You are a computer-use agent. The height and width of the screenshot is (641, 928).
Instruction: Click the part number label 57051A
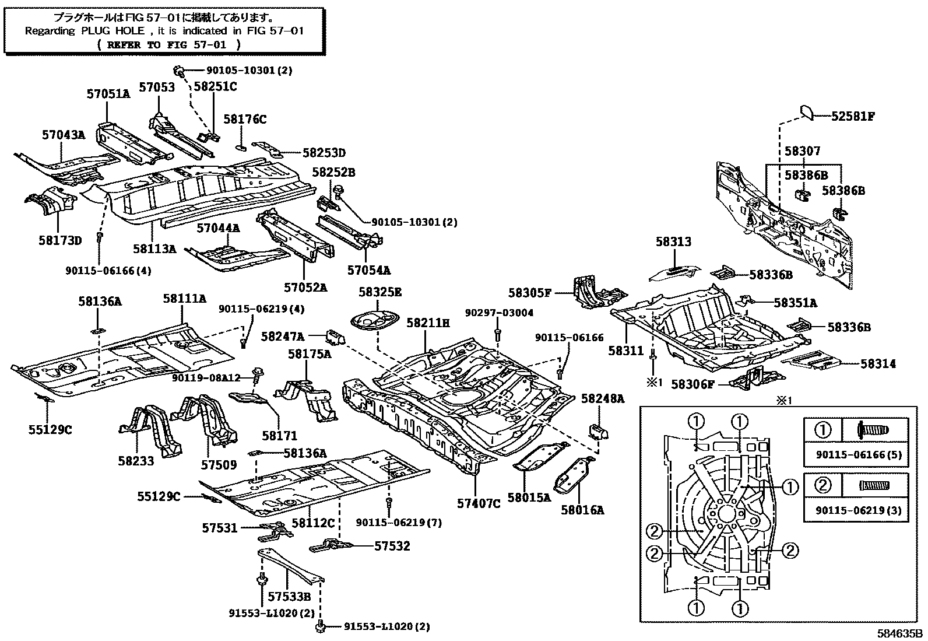tap(108, 93)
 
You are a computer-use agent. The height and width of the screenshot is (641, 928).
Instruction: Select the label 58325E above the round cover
tap(380, 292)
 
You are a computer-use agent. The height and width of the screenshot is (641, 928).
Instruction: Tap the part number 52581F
tap(853, 116)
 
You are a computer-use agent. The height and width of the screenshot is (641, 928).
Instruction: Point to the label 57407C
tap(479, 503)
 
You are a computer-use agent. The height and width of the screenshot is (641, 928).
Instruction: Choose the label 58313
tap(673, 241)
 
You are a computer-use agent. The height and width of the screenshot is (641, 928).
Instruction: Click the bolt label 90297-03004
tap(499, 313)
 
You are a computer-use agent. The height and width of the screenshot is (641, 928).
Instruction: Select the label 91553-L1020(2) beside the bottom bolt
tap(386, 626)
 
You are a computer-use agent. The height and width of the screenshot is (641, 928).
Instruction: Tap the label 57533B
tap(289, 596)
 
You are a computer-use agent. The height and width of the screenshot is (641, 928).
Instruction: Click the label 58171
tap(279, 435)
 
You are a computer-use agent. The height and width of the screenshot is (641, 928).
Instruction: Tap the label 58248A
tap(603, 398)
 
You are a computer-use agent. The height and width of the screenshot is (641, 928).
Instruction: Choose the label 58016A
tap(582, 510)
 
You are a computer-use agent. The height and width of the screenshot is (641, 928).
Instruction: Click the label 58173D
tap(61, 240)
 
